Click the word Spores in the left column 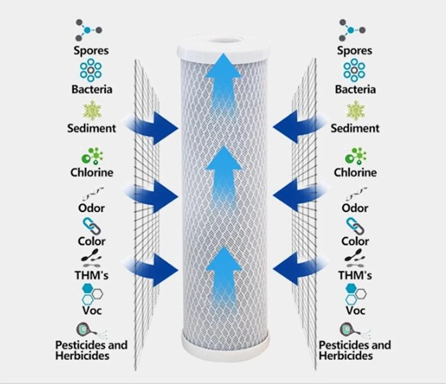91,50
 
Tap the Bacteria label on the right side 355,89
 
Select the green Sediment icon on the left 92,110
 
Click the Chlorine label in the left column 92,172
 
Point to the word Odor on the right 355,208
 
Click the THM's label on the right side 355,275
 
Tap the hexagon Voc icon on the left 92,294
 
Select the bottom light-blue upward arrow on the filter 223,274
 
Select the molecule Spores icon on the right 352,30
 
